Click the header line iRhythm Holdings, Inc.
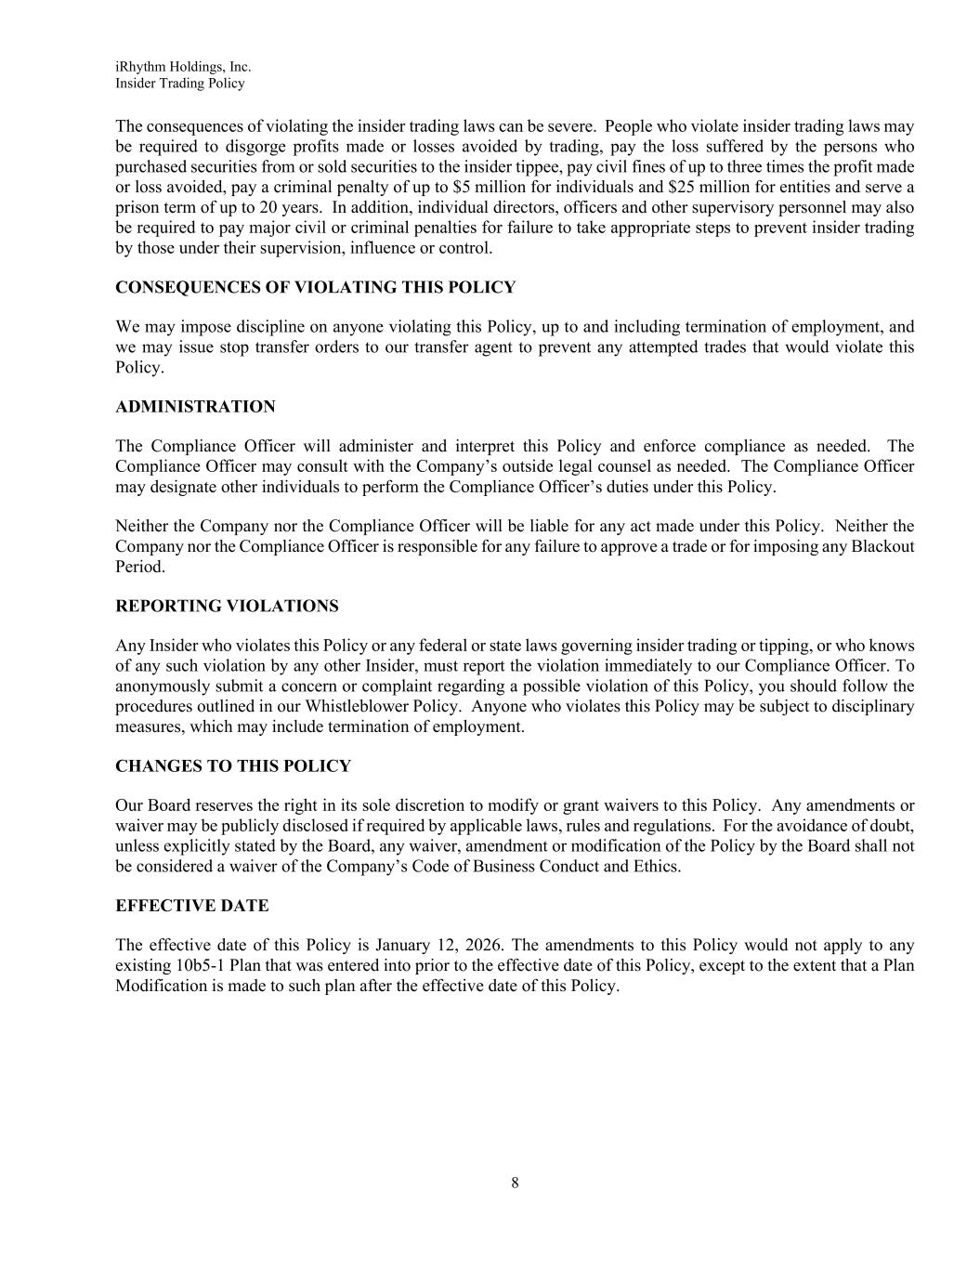[183, 67]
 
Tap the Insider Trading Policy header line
[180, 84]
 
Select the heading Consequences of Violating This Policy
[315, 287]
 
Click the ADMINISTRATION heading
[195, 407]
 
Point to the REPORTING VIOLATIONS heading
[227, 607]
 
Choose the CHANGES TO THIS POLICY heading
[233, 766]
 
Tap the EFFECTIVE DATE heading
[191, 906]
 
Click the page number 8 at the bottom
[515, 1183]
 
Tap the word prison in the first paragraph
[137, 208]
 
